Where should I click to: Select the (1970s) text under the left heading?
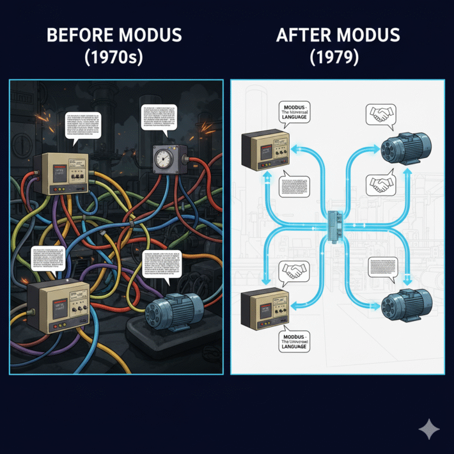point(116,59)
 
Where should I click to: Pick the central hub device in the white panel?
point(336,225)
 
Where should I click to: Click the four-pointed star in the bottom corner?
point(429,430)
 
